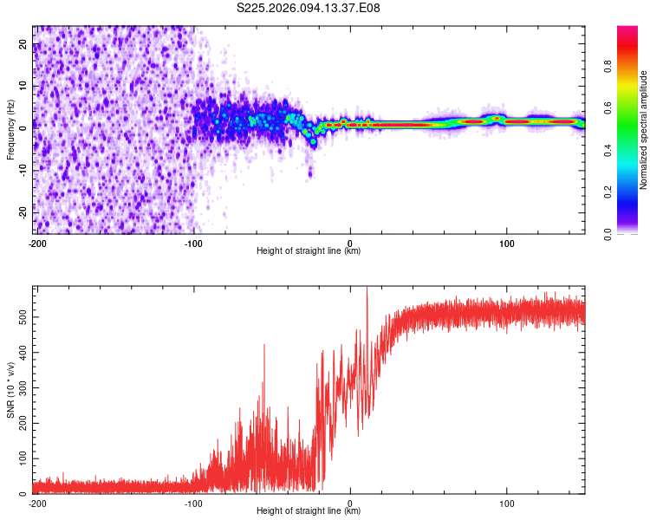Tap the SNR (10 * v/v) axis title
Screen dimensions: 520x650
click(x=10, y=390)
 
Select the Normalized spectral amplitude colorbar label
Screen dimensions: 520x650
click(x=643, y=130)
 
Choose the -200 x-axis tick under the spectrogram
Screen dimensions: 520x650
click(x=37, y=244)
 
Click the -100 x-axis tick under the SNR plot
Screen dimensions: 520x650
click(x=193, y=504)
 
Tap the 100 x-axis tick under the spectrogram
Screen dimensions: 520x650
click(x=506, y=244)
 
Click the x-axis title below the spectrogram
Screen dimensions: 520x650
click(x=309, y=252)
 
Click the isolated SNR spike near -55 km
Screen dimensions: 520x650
click(x=264, y=346)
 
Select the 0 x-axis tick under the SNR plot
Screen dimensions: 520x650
click(x=350, y=504)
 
